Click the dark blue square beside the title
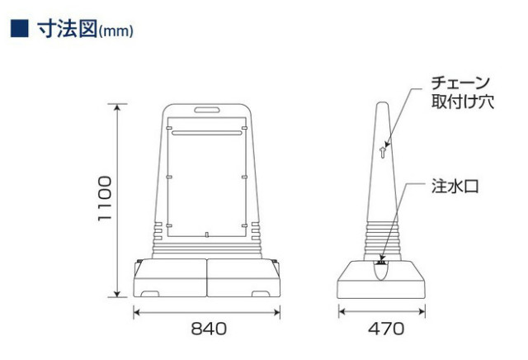(x=20, y=29)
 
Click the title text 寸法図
(x=68, y=29)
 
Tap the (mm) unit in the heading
(x=116, y=31)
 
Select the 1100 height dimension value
(x=105, y=198)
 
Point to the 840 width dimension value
(x=209, y=329)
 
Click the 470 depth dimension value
(x=386, y=329)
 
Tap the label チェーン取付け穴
(x=462, y=92)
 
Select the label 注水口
(x=455, y=186)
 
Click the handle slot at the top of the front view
(x=207, y=110)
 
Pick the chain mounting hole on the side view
(x=382, y=153)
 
